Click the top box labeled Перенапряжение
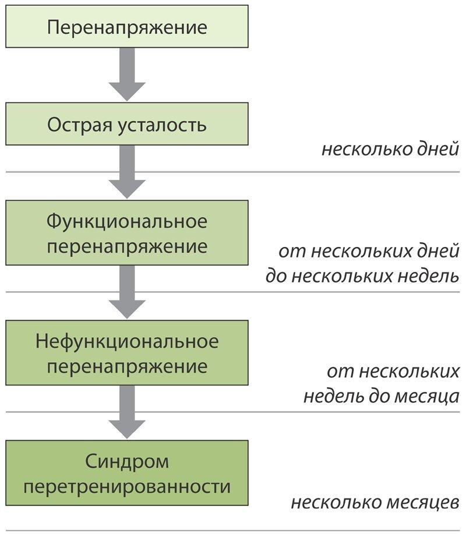(x=127, y=26)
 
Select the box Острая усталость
(x=127, y=124)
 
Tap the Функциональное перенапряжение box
(x=127, y=233)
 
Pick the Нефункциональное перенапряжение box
(x=127, y=353)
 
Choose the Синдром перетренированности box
(x=127, y=473)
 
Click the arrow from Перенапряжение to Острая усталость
(x=127, y=74)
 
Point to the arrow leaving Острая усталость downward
(x=127, y=172)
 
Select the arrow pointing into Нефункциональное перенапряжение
(x=127, y=292)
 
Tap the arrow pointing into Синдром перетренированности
(x=127, y=412)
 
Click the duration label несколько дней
(x=390, y=150)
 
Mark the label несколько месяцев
(x=375, y=502)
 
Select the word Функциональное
(x=127, y=222)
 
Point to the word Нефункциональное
(x=127, y=342)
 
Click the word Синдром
(x=127, y=462)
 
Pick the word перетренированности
(x=127, y=486)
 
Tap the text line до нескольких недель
(x=362, y=275)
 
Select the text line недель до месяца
(x=381, y=396)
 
